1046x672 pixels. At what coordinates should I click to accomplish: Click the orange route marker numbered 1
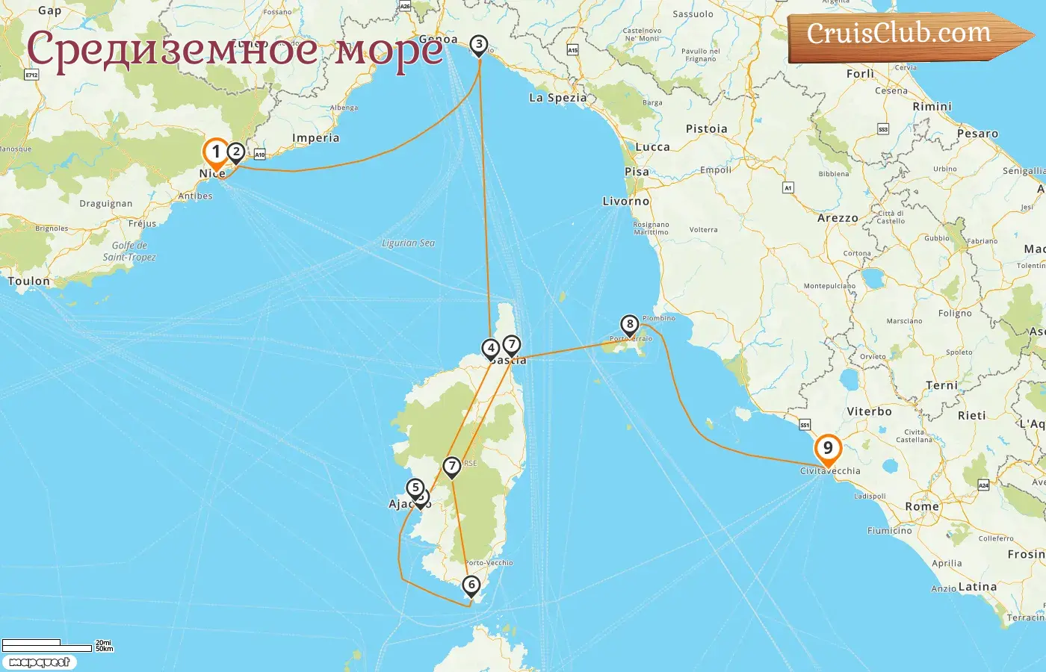point(216,152)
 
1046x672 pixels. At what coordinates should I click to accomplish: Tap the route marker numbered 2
point(236,152)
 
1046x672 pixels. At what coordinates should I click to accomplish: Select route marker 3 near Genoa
point(479,45)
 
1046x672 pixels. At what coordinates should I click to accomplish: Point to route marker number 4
point(490,348)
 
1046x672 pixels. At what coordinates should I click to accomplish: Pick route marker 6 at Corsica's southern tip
point(471,584)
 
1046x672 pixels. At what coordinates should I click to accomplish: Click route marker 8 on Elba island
point(630,324)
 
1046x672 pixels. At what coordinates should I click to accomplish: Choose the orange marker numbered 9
point(828,448)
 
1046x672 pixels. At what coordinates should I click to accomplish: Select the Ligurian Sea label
point(408,243)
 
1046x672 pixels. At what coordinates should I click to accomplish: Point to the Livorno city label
point(626,202)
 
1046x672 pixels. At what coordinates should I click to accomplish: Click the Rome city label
point(922,506)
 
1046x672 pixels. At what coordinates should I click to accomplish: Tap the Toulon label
point(29,281)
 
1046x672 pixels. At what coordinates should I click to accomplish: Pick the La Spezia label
point(558,98)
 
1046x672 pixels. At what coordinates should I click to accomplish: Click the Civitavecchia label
point(830,471)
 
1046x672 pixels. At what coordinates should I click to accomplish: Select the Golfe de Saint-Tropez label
point(129,251)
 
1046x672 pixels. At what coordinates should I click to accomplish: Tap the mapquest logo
point(40,662)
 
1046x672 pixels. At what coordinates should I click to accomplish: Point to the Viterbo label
point(869,411)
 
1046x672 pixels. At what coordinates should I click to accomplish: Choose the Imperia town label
point(315,138)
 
